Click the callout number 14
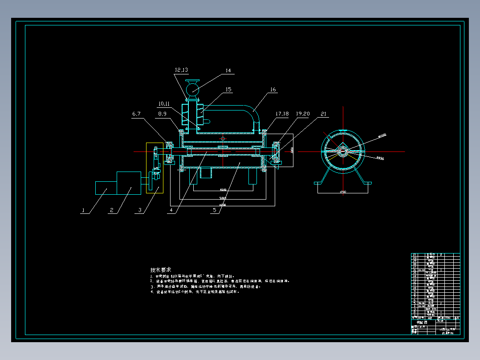tap(228, 70)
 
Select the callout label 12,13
tap(181, 70)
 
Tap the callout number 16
tap(273, 90)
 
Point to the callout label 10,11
tap(163, 104)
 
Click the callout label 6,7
tap(136, 114)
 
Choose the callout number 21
tap(323, 114)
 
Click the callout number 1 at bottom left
tap(82, 211)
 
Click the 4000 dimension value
tap(223, 190)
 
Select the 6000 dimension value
tap(223, 205)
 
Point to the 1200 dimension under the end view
tap(343, 192)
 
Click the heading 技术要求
tap(161, 270)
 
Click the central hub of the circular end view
tap(343, 151)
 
